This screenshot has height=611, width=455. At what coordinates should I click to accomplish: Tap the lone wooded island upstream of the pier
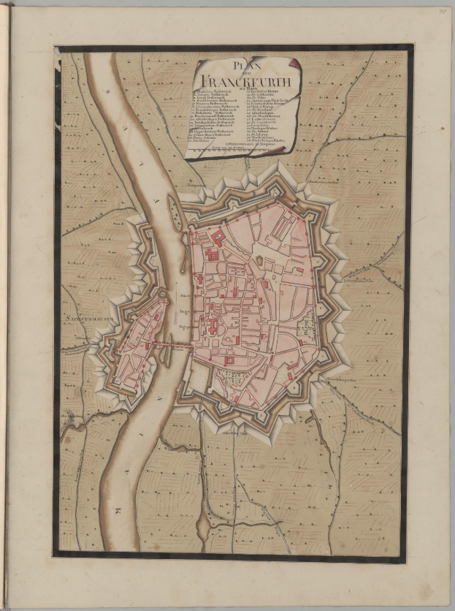coord(175,212)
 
